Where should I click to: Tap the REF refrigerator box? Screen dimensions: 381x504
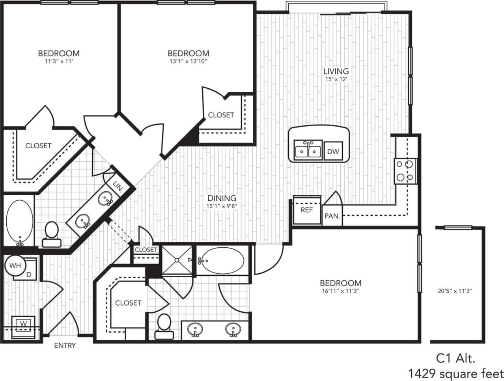pyautogui.click(x=307, y=210)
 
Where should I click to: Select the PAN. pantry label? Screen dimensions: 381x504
pyautogui.click(x=332, y=216)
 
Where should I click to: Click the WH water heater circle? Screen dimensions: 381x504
pyautogui.click(x=15, y=265)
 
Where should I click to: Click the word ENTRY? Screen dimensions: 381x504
pyautogui.click(x=65, y=346)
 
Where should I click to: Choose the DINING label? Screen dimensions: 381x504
pyautogui.click(x=222, y=198)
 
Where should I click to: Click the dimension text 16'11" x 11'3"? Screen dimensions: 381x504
pyautogui.click(x=340, y=291)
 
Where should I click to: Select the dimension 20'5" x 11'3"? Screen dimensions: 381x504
pyautogui.click(x=455, y=291)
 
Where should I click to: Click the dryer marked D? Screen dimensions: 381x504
pyautogui.click(x=29, y=273)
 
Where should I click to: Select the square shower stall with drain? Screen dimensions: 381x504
pyautogui.click(x=177, y=260)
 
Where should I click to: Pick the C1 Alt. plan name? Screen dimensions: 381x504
pyautogui.click(x=455, y=358)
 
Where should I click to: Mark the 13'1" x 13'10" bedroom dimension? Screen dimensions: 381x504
pyautogui.click(x=188, y=62)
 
